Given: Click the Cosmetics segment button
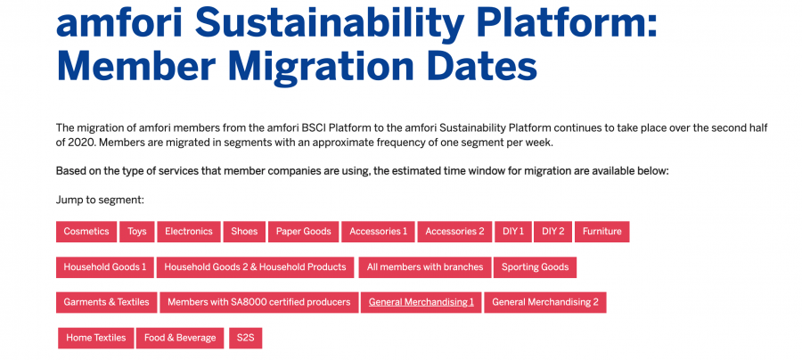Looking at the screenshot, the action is click(x=86, y=232).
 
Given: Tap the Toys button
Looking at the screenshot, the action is click(x=137, y=232).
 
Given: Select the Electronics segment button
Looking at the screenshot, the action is click(x=189, y=232).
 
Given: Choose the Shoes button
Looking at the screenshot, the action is click(x=244, y=232).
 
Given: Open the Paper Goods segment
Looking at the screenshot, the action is click(x=303, y=232).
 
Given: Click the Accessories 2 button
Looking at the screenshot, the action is click(x=454, y=232).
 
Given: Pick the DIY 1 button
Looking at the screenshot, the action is click(x=513, y=232).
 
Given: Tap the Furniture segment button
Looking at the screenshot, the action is click(x=602, y=232).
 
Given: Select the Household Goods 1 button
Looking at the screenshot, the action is click(x=105, y=267).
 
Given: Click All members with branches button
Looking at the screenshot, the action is click(x=425, y=267).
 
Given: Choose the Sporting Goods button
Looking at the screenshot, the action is click(x=535, y=267).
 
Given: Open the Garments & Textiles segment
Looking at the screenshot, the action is click(x=106, y=303).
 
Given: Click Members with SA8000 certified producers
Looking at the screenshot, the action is click(x=258, y=303).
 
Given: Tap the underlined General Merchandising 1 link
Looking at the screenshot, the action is click(x=421, y=303).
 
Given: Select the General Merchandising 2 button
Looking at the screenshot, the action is click(x=545, y=303).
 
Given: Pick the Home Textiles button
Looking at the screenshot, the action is click(x=95, y=338).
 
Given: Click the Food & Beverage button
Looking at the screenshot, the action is click(x=180, y=338).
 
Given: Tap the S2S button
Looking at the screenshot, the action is click(x=246, y=338).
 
